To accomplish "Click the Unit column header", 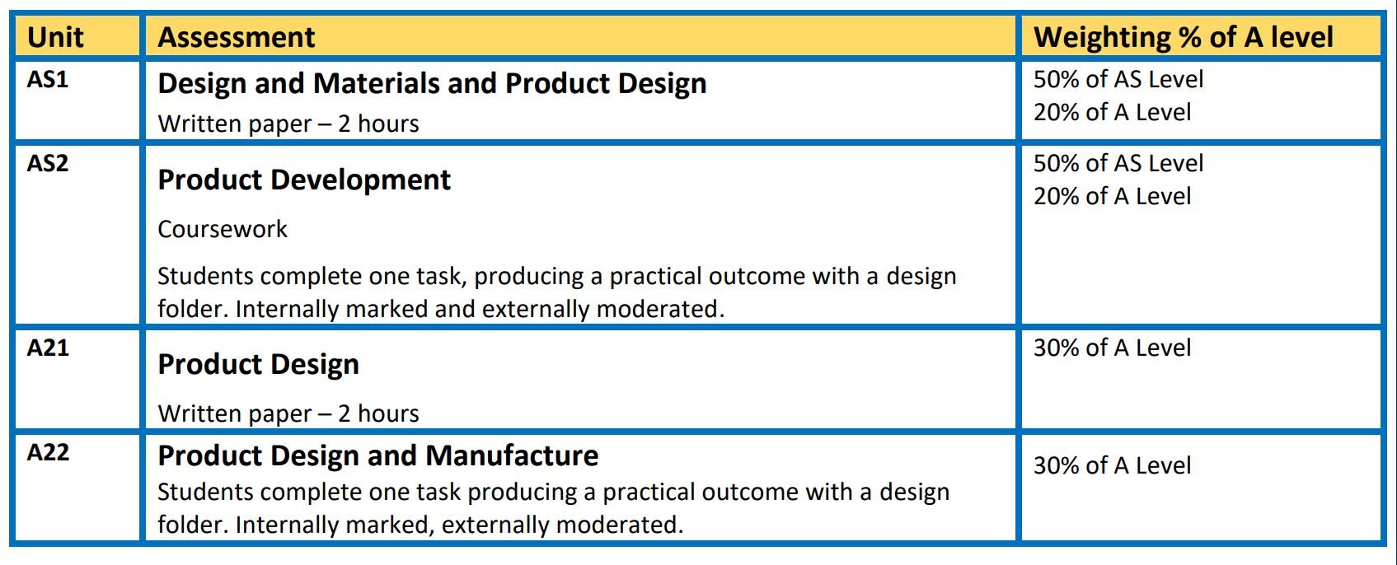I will [x=55, y=37].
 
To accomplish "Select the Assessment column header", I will [x=237, y=37].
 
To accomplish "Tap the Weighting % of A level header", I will [x=1184, y=37].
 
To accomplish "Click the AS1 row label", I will [x=48, y=80].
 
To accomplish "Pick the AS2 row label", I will [x=48, y=164].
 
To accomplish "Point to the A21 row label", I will [x=48, y=348].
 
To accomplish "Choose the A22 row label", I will [x=48, y=453].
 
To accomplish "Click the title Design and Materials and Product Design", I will [x=432, y=83].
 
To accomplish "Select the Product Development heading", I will [x=304, y=180].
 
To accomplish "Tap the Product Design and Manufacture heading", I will [x=377, y=455].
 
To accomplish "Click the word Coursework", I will [x=223, y=229].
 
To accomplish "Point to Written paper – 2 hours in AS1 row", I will [x=288, y=124].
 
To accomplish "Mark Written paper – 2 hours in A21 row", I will [x=288, y=413].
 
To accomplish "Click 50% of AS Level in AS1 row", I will [x=1118, y=80].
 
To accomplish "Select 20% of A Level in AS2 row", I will [x=1113, y=197].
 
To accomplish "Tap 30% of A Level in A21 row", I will [x=1113, y=348].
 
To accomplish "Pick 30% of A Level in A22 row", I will [x=1113, y=466].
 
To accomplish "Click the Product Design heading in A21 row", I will [x=258, y=364].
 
